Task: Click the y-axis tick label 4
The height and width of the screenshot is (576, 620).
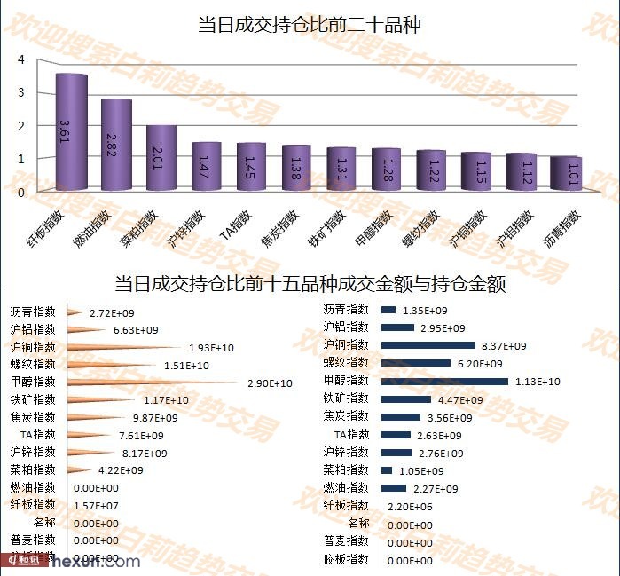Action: point(20,59)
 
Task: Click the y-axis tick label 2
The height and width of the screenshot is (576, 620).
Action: point(20,125)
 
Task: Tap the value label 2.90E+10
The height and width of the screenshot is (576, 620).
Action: point(270,383)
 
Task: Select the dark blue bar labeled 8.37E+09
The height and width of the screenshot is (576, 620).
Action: point(428,345)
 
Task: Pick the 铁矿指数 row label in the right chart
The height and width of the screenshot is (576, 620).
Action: point(346,398)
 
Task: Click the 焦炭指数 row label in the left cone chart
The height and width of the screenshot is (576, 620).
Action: point(34,417)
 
